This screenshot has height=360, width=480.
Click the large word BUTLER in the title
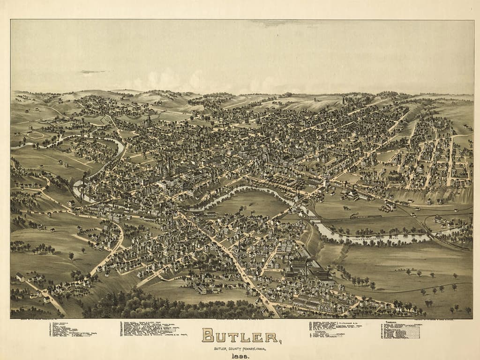(240, 336)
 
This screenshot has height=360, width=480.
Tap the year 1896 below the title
(240, 356)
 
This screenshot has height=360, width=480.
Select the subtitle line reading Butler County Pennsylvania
(240, 348)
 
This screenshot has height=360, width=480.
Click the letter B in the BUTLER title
(209, 336)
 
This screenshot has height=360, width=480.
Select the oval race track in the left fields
(36, 135)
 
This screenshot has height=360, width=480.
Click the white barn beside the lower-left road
(20, 277)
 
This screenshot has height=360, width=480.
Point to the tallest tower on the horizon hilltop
(344, 99)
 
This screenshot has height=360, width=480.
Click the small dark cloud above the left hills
(92, 72)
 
